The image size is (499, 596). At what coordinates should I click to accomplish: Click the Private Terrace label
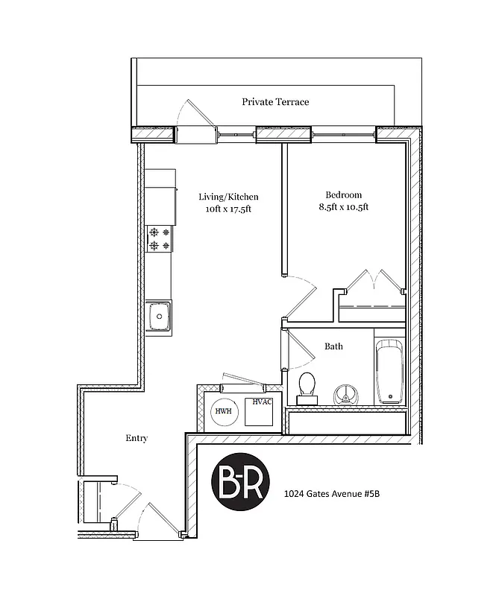pyautogui.click(x=274, y=102)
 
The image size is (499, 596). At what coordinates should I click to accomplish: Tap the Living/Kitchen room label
pyautogui.click(x=228, y=197)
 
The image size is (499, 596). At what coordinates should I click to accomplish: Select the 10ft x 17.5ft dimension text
pyautogui.click(x=228, y=209)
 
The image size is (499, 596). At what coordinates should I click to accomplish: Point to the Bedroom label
pyautogui.click(x=344, y=194)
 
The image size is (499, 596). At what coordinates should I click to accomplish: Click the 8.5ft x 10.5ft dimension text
pyautogui.click(x=344, y=206)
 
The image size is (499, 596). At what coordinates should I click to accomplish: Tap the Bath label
pyautogui.click(x=333, y=346)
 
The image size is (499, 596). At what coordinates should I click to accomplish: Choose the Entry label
pyautogui.click(x=136, y=438)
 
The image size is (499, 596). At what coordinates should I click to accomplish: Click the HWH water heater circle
pyautogui.click(x=223, y=411)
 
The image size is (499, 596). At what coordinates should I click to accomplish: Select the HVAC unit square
pyautogui.click(x=260, y=411)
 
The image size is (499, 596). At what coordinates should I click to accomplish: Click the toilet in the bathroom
pyautogui.click(x=307, y=387)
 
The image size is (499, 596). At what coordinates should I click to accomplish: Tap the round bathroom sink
pyautogui.click(x=344, y=393)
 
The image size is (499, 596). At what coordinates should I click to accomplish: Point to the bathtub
pyautogui.click(x=389, y=372)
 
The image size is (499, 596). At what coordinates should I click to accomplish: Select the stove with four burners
pyautogui.click(x=159, y=238)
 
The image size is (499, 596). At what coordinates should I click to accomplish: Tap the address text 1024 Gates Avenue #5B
pyautogui.click(x=339, y=493)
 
